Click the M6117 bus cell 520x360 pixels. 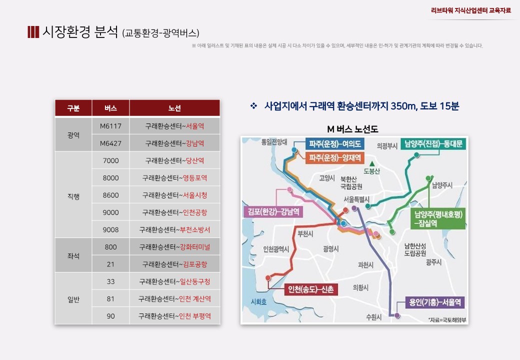(x=110, y=126)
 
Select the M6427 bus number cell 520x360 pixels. (x=110, y=143)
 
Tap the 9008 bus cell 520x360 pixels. (x=110, y=229)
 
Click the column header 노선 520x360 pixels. (x=174, y=108)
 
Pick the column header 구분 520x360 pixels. (x=73, y=108)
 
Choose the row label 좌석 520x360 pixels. (x=73, y=255)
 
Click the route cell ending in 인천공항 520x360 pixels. (x=174, y=212)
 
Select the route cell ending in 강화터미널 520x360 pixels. (x=174, y=247)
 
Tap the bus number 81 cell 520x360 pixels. (x=110, y=298)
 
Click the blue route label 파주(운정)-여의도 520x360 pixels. (x=334, y=144)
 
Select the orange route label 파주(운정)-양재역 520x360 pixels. (x=334, y=157)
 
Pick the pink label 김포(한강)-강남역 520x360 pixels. (x=273, y=211)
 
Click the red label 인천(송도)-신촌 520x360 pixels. (x=310, y=289)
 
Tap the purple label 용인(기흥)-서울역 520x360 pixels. (x=435, y=302)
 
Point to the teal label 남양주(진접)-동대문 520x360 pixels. (x=433, y=143)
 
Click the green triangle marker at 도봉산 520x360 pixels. (x=372, y=163)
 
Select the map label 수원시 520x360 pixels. (x=374, y=317)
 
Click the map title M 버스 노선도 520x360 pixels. (x=352, y=129)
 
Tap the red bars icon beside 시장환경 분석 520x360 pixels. (x=33, y=32)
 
